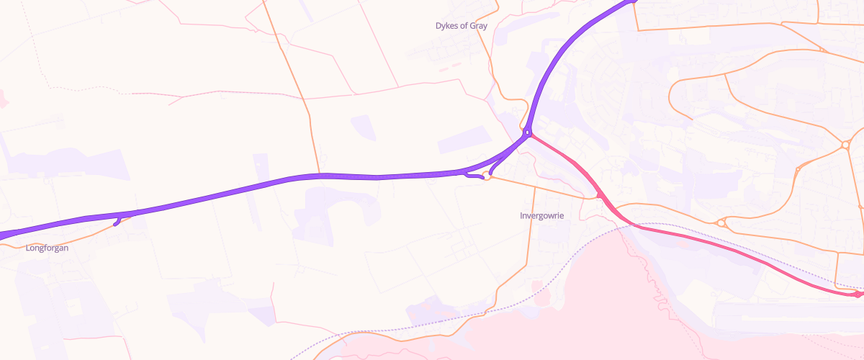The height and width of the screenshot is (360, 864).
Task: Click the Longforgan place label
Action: [x=47, y=248]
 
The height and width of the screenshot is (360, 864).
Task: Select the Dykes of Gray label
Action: [x=462, y=26]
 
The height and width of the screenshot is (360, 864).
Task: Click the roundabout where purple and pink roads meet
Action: [x=528, y=133]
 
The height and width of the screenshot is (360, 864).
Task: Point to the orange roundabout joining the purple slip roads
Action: [x=487, y=177]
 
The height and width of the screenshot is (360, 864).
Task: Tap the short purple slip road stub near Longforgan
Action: [x=117, y=221]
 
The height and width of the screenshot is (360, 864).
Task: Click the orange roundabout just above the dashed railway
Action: [x=721, y=223]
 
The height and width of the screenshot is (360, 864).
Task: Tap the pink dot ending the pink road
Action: [x=858, y=294]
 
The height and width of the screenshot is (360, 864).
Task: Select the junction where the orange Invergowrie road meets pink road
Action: [x=600, y=196]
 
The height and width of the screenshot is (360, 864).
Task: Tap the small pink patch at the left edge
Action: [x=3, y=99]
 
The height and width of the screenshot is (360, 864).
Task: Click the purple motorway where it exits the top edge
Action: [x=632, y=2]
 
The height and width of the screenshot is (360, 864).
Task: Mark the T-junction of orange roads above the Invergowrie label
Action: [x=535, y=186]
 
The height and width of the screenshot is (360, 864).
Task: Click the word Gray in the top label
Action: [x=478, y=26]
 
